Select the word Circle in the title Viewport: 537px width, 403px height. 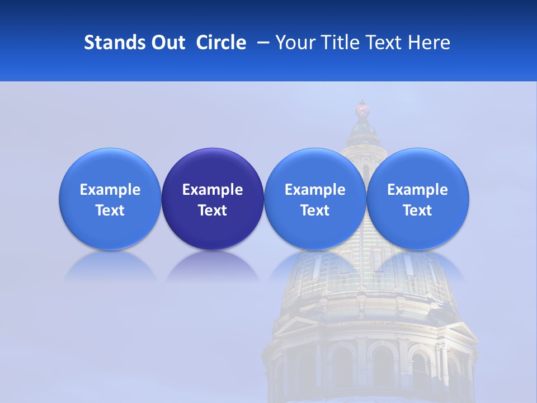click(x=221, y=43)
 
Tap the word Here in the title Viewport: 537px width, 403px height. click(x=429, y=43)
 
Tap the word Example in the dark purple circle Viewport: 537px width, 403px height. click(x=213, y=190)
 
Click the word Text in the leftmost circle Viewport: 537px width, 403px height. click(x=110, y=210)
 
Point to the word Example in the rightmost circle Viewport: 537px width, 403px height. click(x=418, y=190)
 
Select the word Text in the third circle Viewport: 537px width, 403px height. click(x=315, y=210)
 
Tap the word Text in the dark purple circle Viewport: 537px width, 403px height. click(x=213, y=210)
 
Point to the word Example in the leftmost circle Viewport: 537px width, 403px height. click(x=110, y=190)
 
